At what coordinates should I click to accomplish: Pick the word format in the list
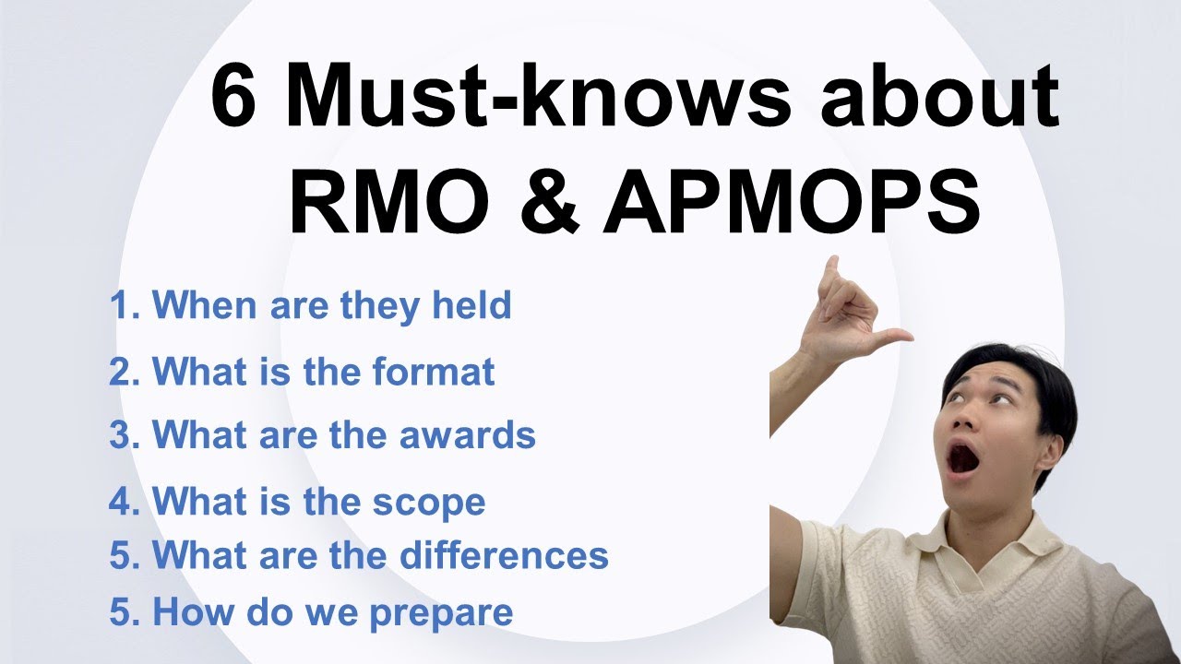[x=434, y=372]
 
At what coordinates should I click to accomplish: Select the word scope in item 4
[x=429, y=503]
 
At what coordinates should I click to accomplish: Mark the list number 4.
[x=121, y=503]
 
